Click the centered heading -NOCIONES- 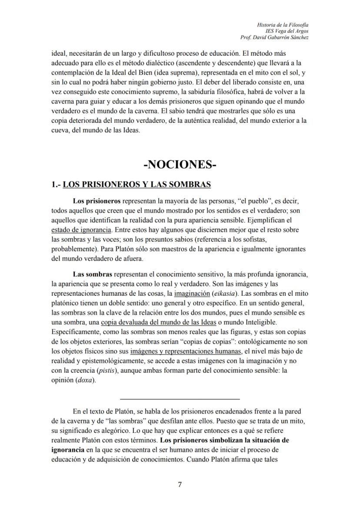pos(180,165)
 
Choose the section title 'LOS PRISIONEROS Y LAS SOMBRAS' pos(137,185)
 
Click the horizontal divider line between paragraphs pos(180,399)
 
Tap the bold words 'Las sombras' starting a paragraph pos(93,274)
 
